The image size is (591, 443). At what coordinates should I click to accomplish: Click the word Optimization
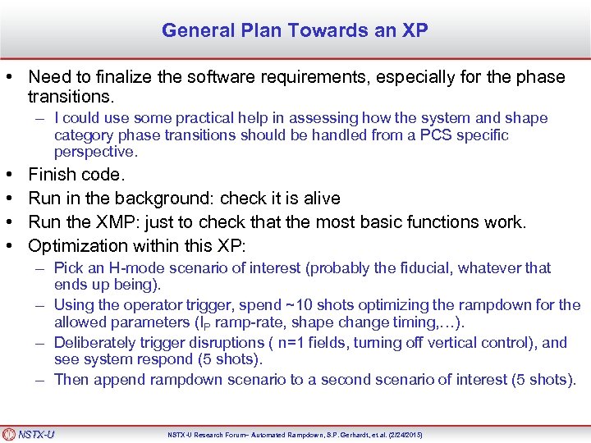[x=78, y=245]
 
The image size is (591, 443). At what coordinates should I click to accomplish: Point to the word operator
[x=151, y=306]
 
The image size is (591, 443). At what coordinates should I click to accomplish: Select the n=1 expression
[x=295, y=343]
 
